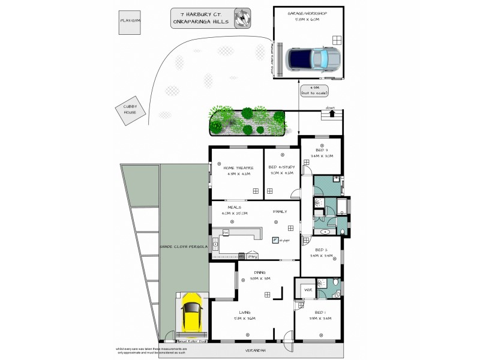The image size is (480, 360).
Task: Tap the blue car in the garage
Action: [312, 59]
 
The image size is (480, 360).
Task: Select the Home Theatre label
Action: [238, 169]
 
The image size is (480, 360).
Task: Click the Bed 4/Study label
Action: [281, 169]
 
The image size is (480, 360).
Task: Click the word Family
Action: [280, 212]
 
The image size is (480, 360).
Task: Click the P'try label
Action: [252, 256]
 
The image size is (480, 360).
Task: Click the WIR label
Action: [308, 290]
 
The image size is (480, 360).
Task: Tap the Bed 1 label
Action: [320, 312]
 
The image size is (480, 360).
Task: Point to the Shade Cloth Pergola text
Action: [184, 247]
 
